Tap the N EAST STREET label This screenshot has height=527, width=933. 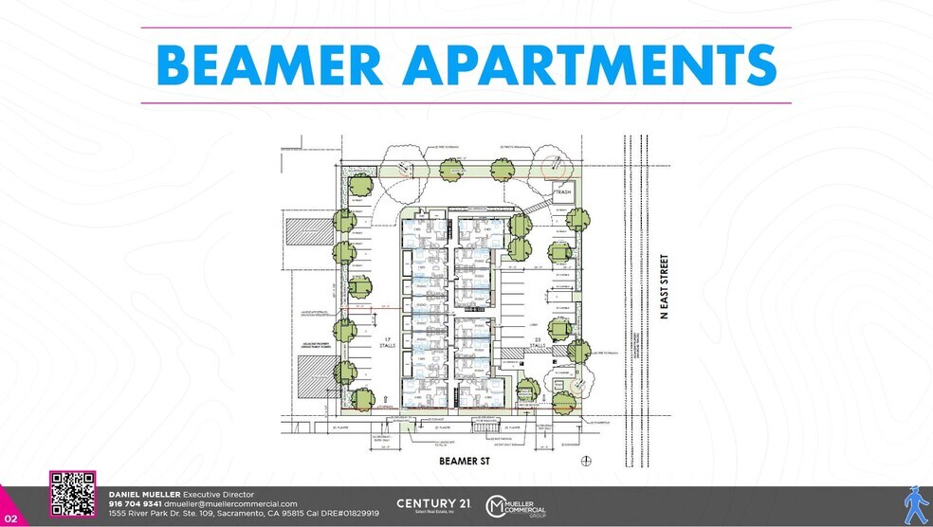pyautogui.click(x=665, y=286)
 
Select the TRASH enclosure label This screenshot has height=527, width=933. pyautogui.click(x=565, y=190)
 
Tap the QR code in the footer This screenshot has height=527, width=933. pyautogui.click(x=73, y=494)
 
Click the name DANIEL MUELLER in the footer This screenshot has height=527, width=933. pyautogui.click(x=144, y=495)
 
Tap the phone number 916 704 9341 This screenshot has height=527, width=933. pyautogui.click(x=136, y=504)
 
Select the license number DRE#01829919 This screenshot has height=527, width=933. pyautogui.click(x=347, y=513)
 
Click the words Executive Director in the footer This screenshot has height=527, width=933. pyautogui.click(x=217, y=495)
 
